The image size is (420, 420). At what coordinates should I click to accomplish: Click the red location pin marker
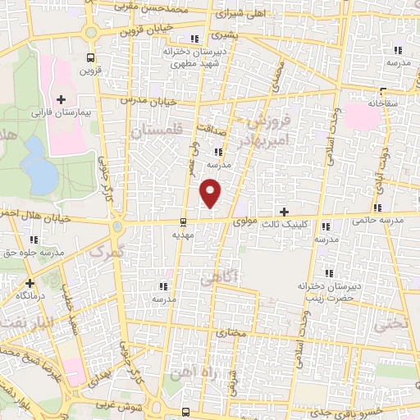click(212, 192)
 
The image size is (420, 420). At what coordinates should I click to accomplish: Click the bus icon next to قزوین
click(90, 57)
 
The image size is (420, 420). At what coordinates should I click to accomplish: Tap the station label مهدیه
click(181, 234)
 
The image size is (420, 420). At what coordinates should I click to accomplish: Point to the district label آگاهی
click(240, 277)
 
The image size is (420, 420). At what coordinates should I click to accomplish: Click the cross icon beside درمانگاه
click(30, 282)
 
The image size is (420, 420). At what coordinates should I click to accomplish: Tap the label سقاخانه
click(382, 104)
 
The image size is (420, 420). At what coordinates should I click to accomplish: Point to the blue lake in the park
click(36, 164)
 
